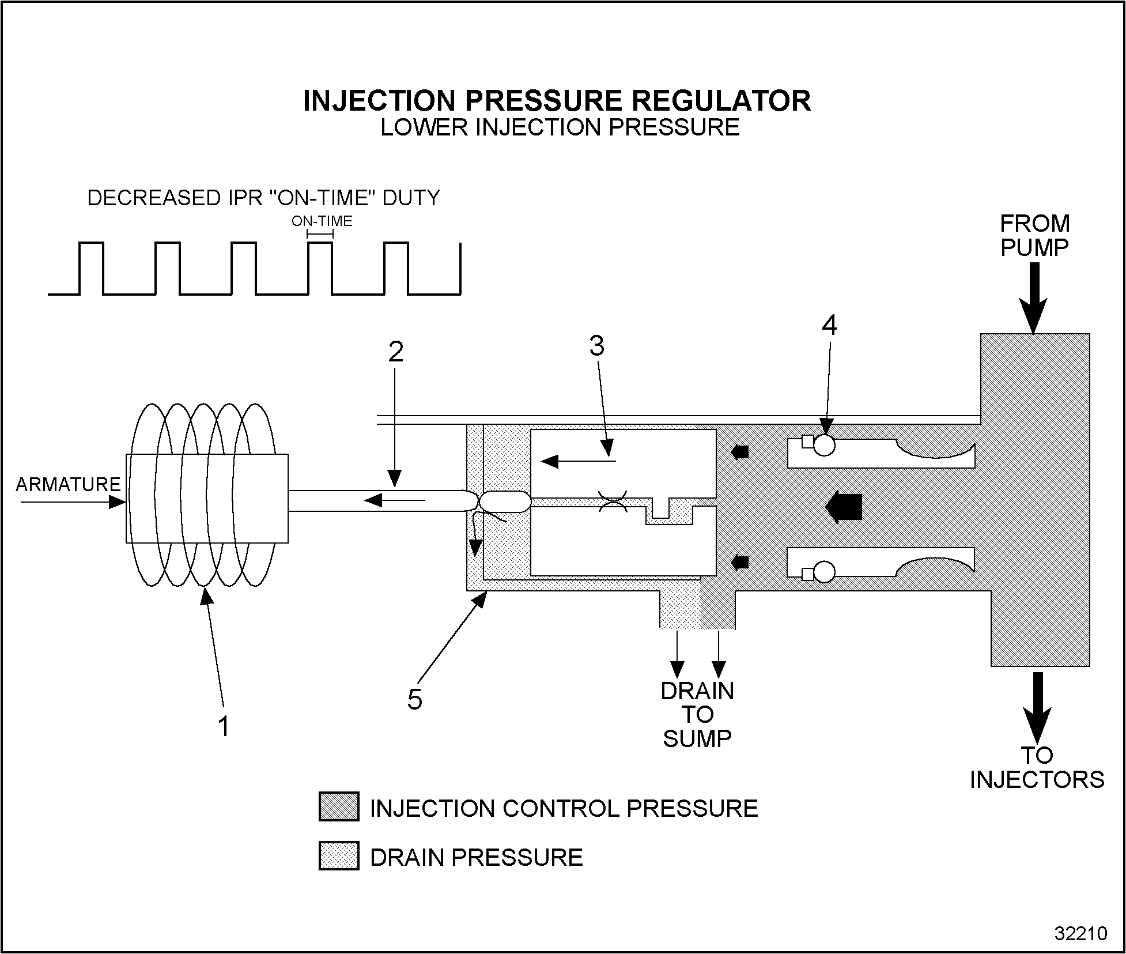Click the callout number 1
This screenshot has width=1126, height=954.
point(224,726)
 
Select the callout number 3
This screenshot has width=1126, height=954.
point(597,346)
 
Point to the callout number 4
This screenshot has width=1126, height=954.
point(829,326)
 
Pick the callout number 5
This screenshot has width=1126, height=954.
point(414,700)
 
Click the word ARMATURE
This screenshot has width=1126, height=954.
point(68,484)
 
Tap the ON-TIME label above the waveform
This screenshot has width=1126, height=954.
point(322,221)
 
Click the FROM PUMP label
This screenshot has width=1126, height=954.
point(1034,235)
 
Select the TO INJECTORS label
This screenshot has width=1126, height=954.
point(1037,767)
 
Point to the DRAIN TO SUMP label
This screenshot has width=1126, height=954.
point(697,714)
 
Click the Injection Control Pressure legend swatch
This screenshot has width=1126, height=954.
point(339,806)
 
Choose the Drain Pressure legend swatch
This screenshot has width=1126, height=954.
point(339,855)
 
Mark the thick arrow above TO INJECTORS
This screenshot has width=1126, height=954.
point(1037,707)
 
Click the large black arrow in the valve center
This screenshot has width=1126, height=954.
point(844,507)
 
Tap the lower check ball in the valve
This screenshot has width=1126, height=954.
point(825,572)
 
